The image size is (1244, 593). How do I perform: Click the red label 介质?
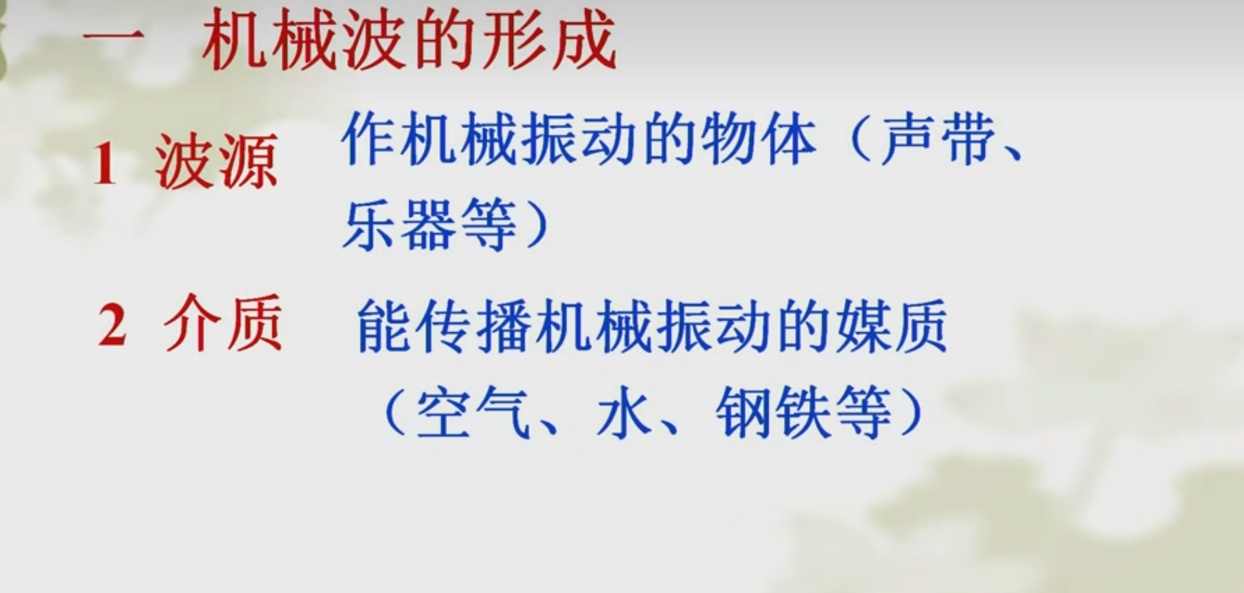[x=223, y=324]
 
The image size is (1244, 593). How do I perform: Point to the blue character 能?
[x=384, y=326]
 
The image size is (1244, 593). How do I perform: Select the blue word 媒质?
[x=890, y=326]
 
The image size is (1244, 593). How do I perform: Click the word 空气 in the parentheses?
[x=473, y=412]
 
